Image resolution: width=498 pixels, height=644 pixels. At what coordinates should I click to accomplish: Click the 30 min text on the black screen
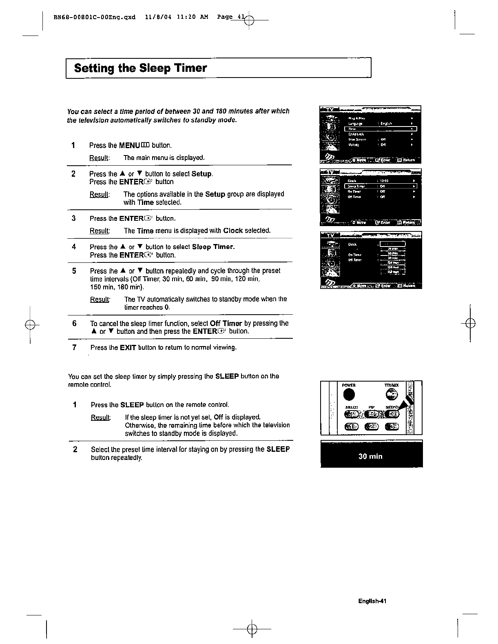click(370, 456)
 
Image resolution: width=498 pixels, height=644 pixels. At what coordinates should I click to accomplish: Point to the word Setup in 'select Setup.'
click(201, 174)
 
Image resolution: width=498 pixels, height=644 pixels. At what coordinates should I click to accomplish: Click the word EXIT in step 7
click(128, 348)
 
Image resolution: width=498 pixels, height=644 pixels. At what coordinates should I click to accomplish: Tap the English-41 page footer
click(372, 601)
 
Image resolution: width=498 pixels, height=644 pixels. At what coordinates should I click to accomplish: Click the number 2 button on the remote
click(371, 427)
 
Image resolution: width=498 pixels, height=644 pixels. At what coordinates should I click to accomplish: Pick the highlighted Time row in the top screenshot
click(380, 129)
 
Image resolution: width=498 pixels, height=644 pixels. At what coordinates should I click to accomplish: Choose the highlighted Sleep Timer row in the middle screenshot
click(380, 186)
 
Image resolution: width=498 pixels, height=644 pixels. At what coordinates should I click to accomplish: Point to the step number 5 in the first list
click(74, 271)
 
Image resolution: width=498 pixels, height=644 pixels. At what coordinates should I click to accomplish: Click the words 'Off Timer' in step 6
click(226, 323)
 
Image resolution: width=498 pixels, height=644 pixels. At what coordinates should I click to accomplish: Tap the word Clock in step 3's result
click(233, 231)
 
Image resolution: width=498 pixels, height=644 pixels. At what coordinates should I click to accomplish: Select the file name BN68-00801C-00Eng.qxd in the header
click(94, 18)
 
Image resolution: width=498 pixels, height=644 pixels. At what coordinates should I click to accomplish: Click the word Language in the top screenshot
click(355, 123)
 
